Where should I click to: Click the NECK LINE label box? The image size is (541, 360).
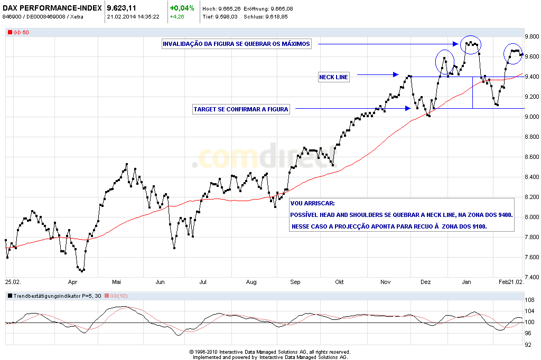tap(334, 77)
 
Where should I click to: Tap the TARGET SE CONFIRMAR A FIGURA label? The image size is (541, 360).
tap(241, 109)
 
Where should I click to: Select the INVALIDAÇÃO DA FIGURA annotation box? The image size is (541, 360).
tap(236, 44)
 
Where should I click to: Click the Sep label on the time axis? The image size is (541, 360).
tap(295, 282)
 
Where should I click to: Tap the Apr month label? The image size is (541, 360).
tap(73, 282)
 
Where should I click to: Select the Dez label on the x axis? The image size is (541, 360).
tap(426, 282)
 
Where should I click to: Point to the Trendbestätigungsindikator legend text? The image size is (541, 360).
tap(50, 296)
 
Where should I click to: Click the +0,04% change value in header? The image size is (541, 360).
tap(182, 8)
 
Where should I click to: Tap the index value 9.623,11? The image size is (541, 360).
tap(125, 8)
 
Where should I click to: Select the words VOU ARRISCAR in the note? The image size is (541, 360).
tap(312, 203)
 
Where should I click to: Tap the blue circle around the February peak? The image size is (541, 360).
tap(514, 52)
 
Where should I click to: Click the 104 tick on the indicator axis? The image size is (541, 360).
tap(528, 310)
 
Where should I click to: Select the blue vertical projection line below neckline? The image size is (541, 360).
tap(472, 92)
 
